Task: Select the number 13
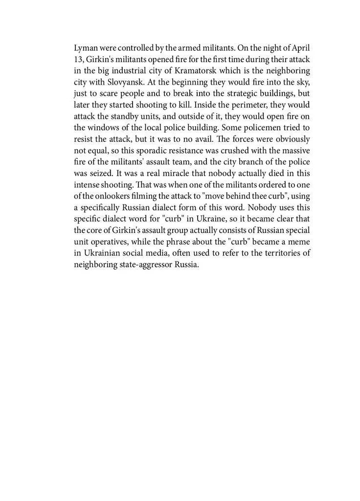[78, 60]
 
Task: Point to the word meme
[299, 241]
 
